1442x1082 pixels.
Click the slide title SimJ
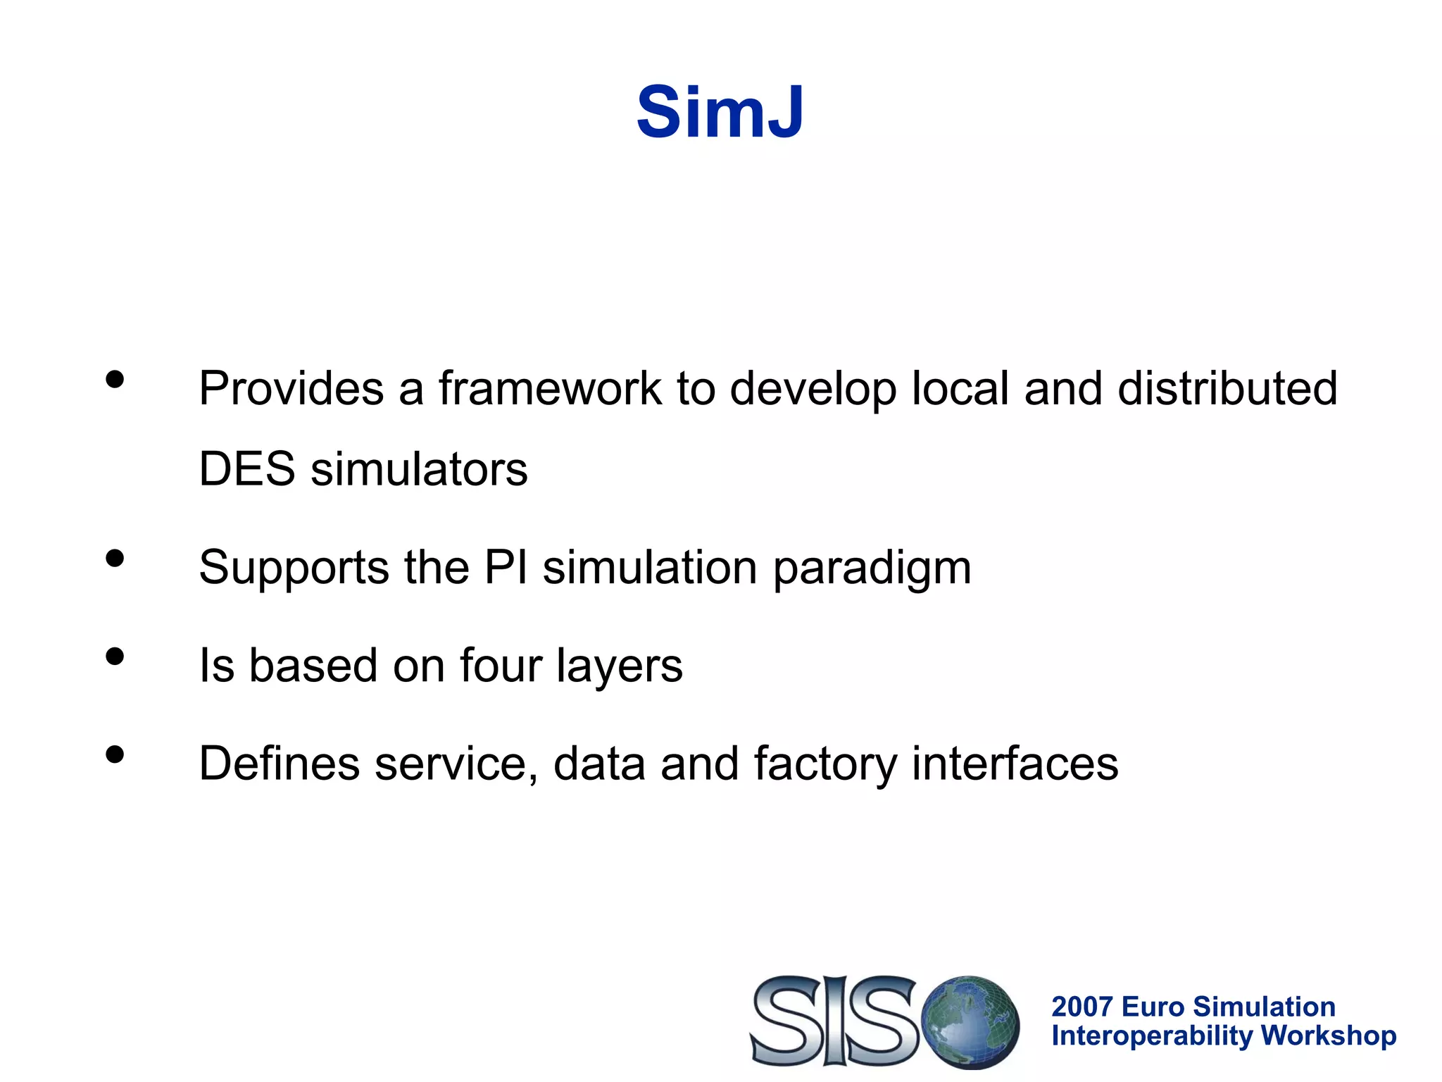pos(720,113)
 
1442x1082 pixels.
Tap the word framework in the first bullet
pos(550,388)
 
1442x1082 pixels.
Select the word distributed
pos(1227,388)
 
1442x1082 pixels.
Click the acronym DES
pos(246,469)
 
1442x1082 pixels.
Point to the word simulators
pos(419,469)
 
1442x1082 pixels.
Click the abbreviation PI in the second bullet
pos(506,567)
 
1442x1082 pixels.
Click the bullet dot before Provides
pos(115,380)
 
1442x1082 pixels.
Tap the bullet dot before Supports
pos(115,559)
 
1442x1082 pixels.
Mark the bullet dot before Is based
pos(115,657)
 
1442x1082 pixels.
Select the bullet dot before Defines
pos(115,755)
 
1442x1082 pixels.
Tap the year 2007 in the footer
pos(1082,1007)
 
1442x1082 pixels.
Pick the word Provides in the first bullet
pos(291,388)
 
